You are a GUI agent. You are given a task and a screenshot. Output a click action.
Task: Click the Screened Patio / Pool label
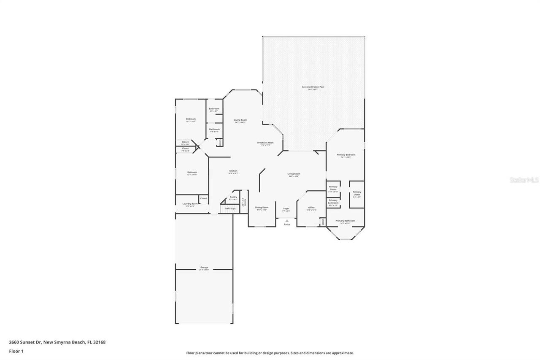click(313, 87)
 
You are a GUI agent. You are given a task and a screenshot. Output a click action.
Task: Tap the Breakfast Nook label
click(265, 143)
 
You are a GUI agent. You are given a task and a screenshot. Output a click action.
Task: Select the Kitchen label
click(233, 171)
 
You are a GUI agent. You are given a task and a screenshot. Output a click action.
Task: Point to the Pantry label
click(233, 197)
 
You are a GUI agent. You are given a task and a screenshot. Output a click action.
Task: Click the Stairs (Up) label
click(230, 208)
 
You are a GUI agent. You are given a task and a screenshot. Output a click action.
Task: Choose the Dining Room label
click(262, 207)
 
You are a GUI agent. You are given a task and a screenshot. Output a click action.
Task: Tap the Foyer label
click(286, 208)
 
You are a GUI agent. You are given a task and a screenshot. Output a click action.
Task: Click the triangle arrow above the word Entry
click(287, 220)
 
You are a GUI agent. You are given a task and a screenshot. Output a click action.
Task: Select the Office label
click(311, 208)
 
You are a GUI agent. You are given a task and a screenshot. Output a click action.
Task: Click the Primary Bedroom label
click(346, 155)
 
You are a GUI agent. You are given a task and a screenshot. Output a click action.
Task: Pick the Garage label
click(204, 268)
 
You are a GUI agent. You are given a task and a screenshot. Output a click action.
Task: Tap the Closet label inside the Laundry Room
click(203, 198)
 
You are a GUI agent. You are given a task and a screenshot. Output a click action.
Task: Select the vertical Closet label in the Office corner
click(323, 222)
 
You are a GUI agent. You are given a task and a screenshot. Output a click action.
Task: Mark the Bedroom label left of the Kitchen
click(192, 172)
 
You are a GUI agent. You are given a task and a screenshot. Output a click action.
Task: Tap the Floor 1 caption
click(16, 351)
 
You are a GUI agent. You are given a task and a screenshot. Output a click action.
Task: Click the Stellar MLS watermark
click(524, 180)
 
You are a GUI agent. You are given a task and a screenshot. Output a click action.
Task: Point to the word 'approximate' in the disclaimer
click(344, 353)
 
